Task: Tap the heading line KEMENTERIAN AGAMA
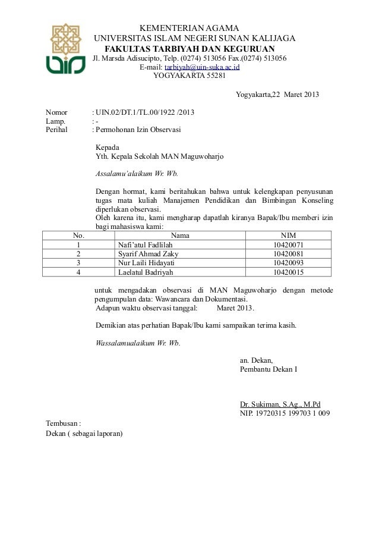[189, 29]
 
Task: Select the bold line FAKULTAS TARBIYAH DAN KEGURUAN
[190, 48]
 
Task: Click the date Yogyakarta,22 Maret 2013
[277, 95]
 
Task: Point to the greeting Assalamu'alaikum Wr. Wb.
[137, 174]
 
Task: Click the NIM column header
[288, 235]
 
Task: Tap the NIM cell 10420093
[288, 263]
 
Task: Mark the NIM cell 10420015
[288, 272]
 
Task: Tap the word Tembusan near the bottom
[62, 423]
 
